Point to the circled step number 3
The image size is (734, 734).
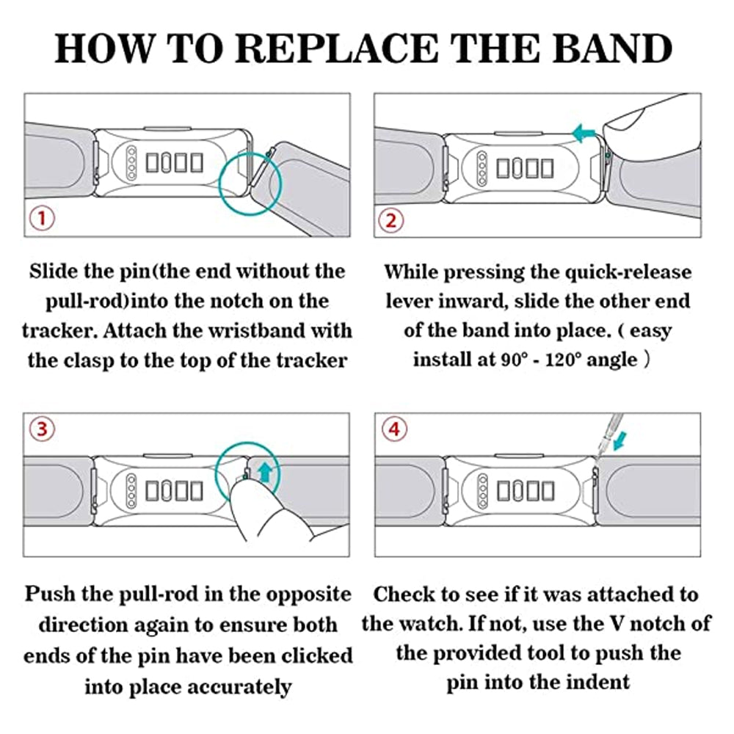tap(43, 431)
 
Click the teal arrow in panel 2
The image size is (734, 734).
tap(584, 134)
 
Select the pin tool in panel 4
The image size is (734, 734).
tap(600, 446)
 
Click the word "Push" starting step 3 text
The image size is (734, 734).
tap(51, 594)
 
